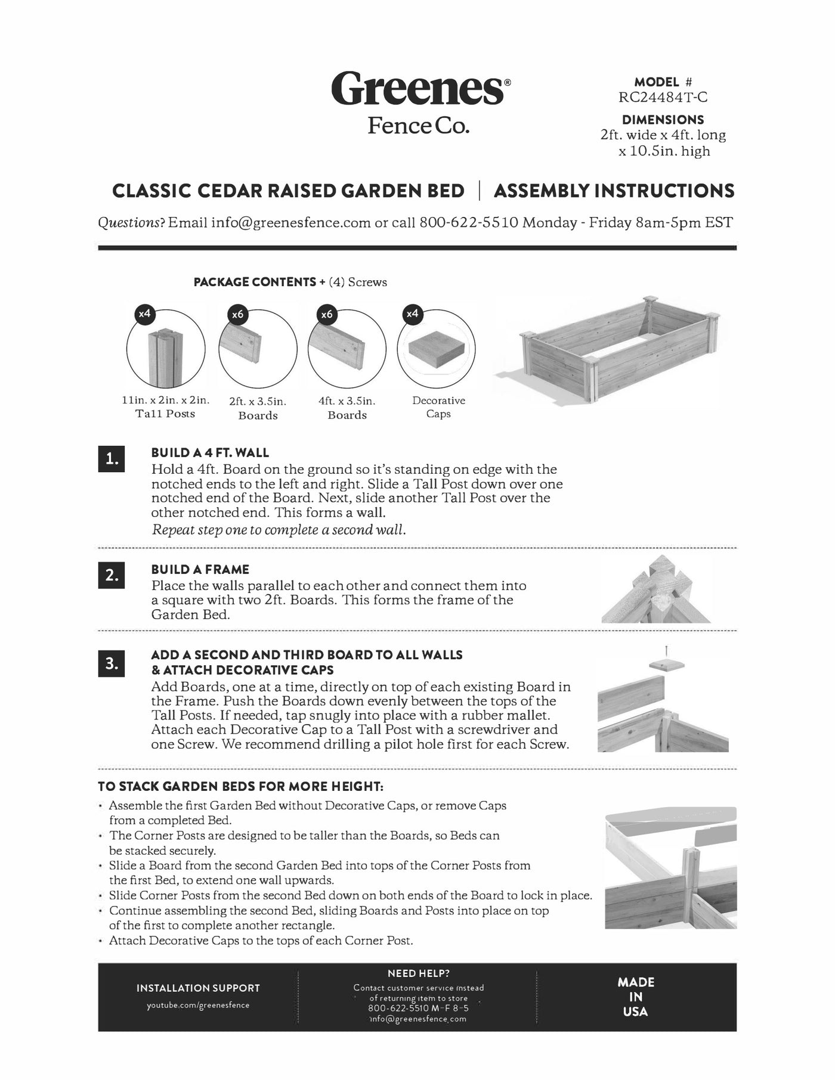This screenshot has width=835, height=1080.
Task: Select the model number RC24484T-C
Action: pos(663,97)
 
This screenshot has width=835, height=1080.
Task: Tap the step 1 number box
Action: pos(112,459)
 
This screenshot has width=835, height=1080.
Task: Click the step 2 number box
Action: pos(112,575)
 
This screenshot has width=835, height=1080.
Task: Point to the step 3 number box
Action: pos(112,663)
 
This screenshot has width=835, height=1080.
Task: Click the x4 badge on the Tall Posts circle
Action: pos(145,314)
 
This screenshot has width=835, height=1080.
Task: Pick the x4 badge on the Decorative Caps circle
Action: pos(413,314)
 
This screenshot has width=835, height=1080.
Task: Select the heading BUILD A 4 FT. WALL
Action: pos(210,452)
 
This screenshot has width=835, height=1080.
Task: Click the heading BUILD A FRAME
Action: pos(200,569)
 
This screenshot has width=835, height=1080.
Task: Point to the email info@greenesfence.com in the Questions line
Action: pos(291,223)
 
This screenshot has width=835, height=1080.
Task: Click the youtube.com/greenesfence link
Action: pos(198,1005)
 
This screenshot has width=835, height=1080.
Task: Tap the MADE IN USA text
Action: pos(636,997)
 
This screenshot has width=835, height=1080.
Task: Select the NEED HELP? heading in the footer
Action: pos(419,973)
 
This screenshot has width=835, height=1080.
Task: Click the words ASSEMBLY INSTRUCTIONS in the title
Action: pos(614,191)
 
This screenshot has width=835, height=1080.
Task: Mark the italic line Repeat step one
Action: pos(279,530)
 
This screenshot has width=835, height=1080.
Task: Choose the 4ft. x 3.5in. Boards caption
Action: pos(347,408)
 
